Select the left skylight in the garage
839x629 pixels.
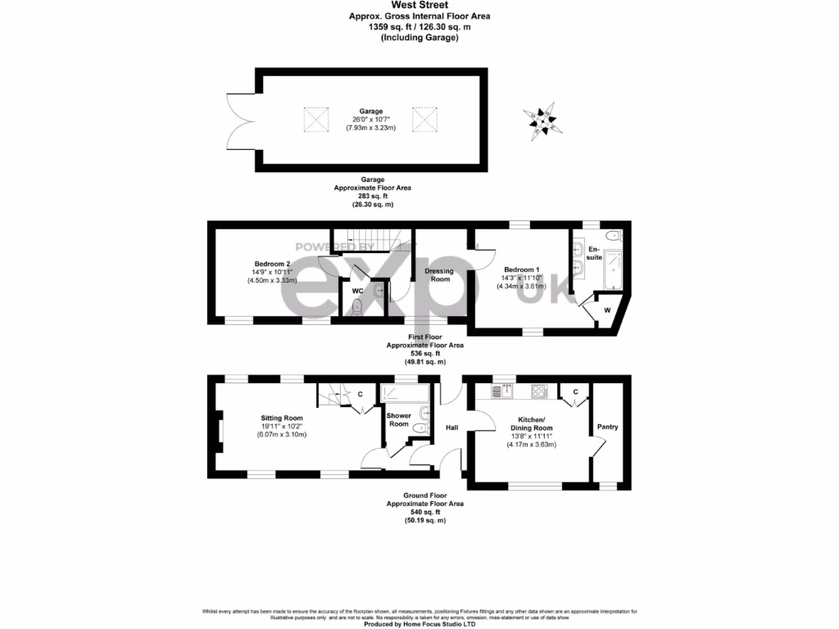tap(315, 120)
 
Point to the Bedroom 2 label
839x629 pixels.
tap(272, 264)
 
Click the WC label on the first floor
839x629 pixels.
tap(357, 290)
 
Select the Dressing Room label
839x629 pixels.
tap(440, 275)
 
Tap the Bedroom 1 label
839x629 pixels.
tap(522, 269)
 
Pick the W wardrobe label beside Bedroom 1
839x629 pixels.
tap(606, 310)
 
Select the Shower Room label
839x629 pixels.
tap(398, 419)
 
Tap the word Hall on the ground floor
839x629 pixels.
tap(451, 428)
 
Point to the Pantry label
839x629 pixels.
tap(607, 427)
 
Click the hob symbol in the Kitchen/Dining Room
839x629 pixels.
tap(539, 391)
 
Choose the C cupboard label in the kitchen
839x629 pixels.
tap(575, 392)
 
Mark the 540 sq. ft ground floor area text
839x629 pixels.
tap(424, 512)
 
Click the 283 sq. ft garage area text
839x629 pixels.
tap(372, 197)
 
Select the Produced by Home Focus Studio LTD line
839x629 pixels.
tap(419, 623)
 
